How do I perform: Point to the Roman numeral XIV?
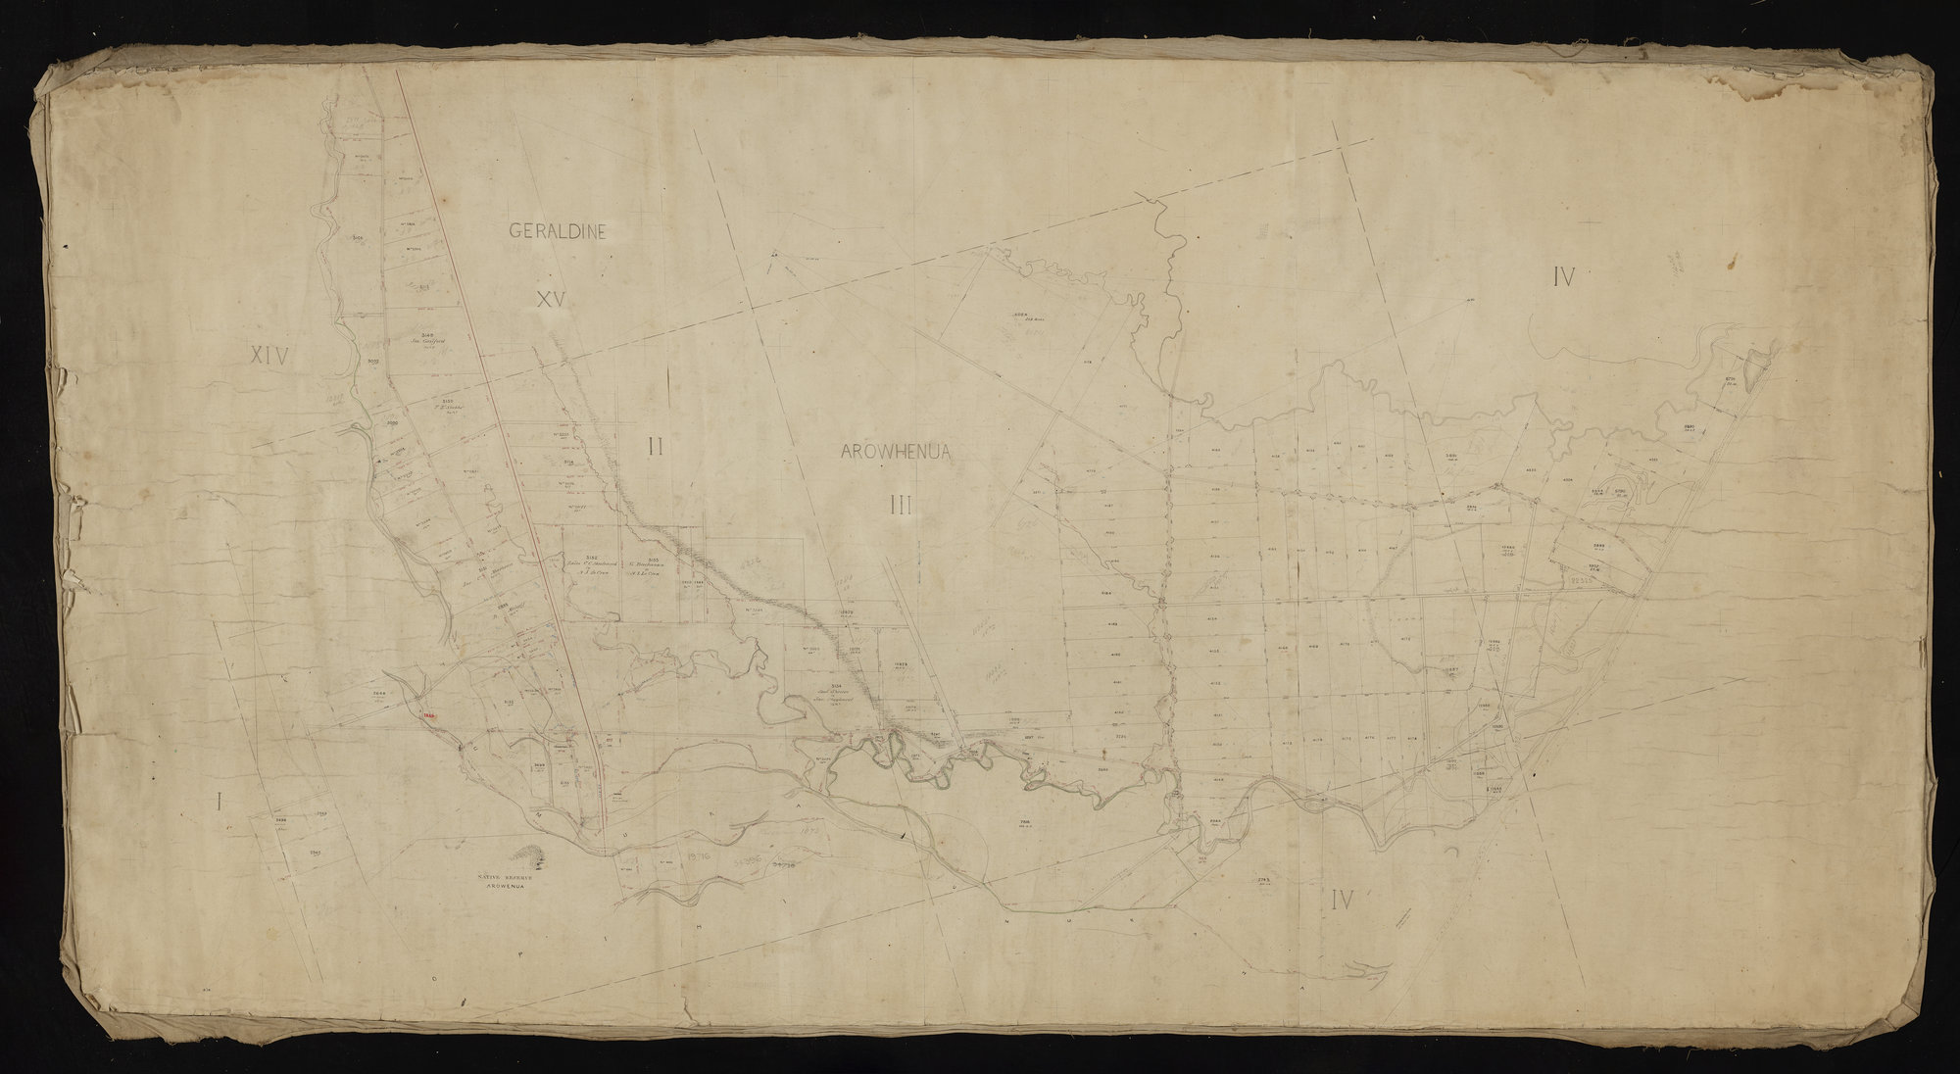[x=269, y=357]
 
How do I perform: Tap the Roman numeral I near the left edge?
[x=219, y=804]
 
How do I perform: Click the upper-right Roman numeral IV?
[x=1563, y=278]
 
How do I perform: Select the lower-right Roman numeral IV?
[x=1343, y=901]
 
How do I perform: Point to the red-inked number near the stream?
[x=428, y=716]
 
